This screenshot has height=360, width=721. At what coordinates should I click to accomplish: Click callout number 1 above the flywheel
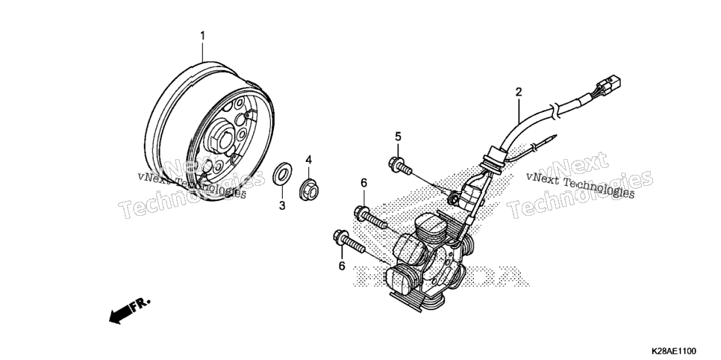202,35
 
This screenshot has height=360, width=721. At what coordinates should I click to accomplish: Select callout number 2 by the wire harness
519,92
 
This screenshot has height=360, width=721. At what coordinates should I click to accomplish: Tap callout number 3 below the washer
282,206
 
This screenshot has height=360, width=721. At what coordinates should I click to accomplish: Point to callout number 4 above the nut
308,160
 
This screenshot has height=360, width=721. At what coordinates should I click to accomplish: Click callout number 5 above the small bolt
398,136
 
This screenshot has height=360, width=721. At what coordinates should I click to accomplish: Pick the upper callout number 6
363,183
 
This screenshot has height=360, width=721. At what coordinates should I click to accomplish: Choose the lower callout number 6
342,266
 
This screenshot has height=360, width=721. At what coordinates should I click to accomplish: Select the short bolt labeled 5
400,165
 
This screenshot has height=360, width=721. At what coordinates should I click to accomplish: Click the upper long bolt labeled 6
372,219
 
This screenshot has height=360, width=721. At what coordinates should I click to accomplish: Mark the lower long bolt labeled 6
349,242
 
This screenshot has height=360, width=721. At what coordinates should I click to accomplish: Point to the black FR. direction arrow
119,314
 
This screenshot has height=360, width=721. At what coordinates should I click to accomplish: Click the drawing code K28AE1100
672,351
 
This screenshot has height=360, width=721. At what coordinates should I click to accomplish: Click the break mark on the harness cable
555,111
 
